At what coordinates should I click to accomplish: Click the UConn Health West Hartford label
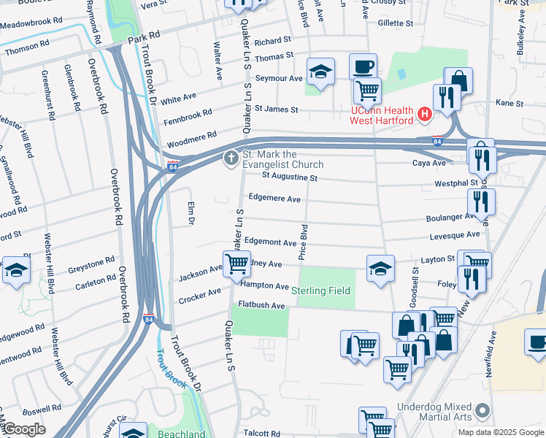click(380, 115)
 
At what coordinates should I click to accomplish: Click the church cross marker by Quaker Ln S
click(232, 158)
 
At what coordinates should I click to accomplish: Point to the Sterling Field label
click(321, 291)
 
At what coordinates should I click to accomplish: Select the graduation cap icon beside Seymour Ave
click(320, 72)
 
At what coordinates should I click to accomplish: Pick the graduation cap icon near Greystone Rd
click(15, 269)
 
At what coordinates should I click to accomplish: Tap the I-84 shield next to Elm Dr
click(173, 166)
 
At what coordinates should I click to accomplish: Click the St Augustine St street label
click(290, 177)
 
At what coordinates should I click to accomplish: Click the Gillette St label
click(396, 23)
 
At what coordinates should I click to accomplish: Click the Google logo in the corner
click(23, 429)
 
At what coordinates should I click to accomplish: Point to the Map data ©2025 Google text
click(501, 432)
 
